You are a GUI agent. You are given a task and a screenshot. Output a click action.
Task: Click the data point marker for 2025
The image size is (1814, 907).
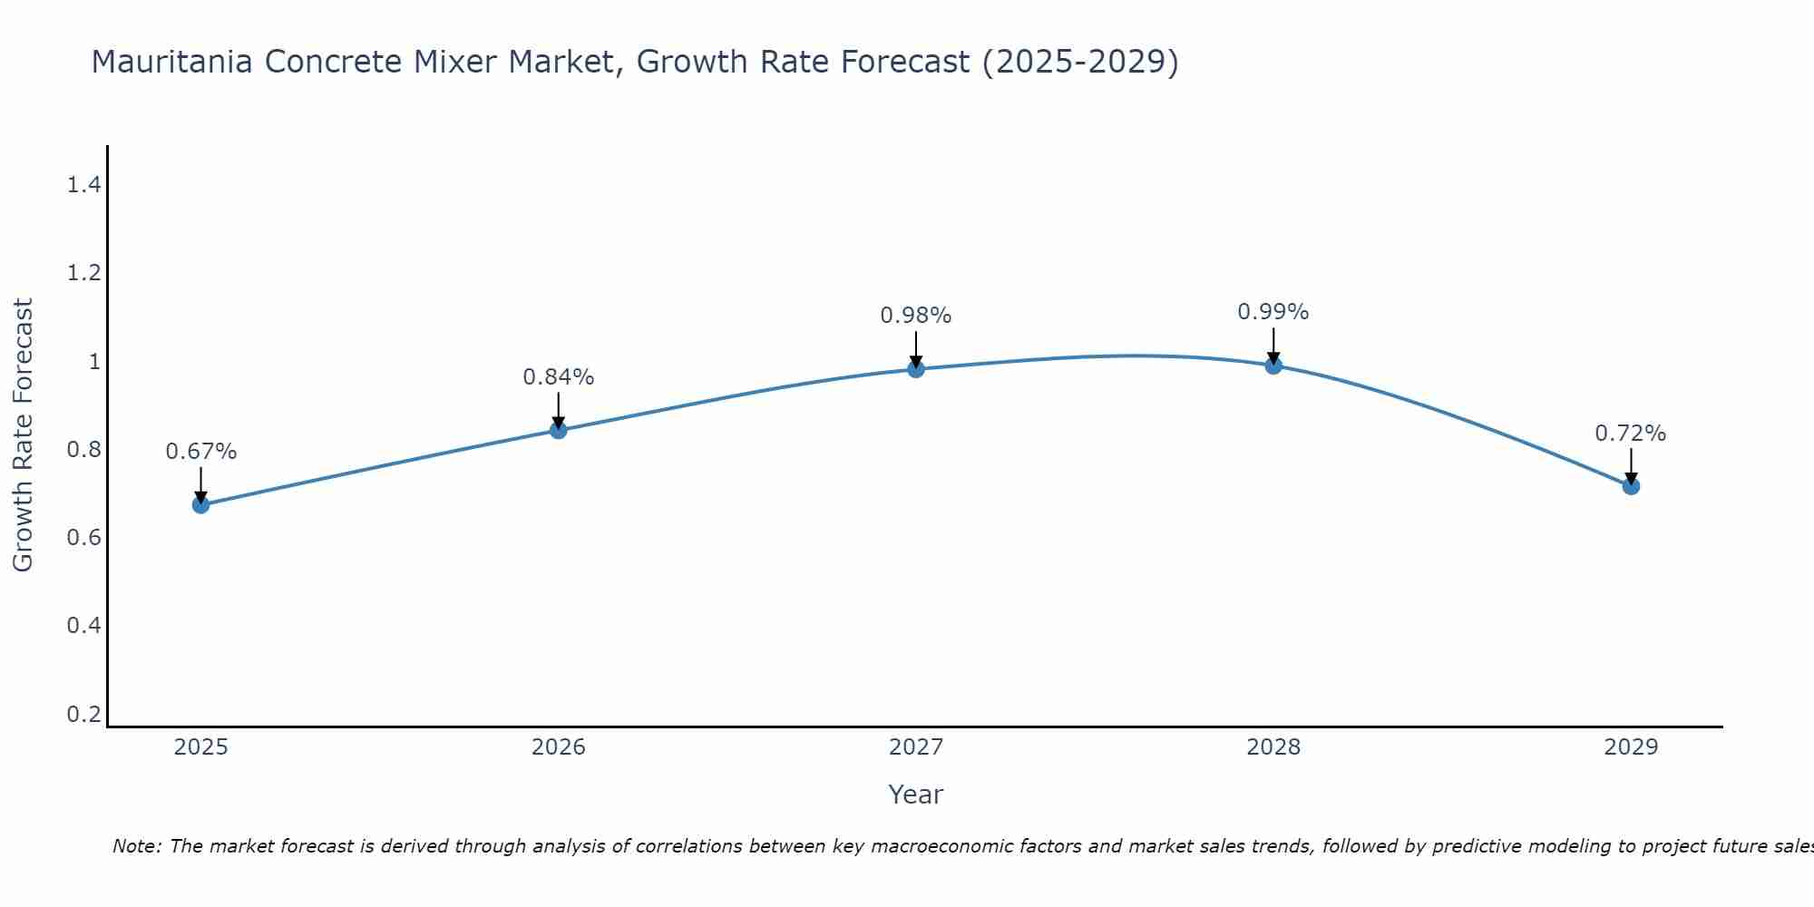coord(201,504)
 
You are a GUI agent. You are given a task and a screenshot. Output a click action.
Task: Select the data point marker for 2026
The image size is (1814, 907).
coord(559,430)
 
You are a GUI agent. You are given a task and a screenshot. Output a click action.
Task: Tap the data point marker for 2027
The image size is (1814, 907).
coord(916,368)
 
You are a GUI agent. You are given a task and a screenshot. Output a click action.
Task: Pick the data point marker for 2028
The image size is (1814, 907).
coord(1273,366)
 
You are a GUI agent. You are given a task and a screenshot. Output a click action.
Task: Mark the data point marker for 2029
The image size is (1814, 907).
coord(1631,486)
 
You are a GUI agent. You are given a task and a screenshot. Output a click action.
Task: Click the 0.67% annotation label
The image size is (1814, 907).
coord(201,452)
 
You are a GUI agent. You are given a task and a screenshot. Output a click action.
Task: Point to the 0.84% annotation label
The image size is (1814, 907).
coord(559,377)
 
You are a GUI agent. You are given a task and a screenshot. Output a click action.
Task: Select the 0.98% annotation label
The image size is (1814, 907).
coord(916,316)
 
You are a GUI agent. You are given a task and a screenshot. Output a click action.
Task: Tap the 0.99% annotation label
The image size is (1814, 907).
coord(1273,312)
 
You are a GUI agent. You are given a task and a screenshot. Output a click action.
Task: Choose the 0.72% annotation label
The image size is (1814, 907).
coord(1631,434)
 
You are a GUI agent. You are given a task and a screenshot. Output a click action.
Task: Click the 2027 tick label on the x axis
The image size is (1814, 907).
coord(916,747)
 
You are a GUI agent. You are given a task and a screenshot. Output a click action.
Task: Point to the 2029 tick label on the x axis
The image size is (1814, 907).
coord(1631,747)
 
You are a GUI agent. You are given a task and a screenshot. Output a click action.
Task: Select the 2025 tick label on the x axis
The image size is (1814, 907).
coord(201,747)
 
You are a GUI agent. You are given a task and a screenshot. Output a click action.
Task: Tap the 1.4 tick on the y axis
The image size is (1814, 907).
coord(83,185)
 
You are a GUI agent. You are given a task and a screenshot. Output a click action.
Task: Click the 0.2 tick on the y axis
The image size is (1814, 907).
coord(83,714)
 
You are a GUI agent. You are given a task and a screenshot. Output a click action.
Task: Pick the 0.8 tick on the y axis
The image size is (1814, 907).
coord(83,450)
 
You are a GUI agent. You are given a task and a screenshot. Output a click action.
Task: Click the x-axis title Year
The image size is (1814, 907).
coord(916,795)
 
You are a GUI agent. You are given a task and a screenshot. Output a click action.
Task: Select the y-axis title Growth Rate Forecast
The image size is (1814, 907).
coord(24,435)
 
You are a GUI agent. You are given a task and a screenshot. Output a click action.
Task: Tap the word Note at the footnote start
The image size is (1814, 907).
coord(137,846)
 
